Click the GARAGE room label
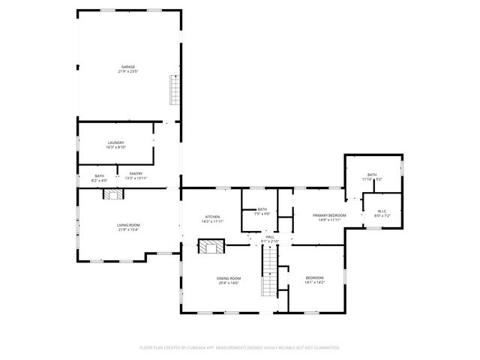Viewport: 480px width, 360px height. click(127, 67)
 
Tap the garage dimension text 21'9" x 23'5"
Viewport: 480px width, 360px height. click(127, 72)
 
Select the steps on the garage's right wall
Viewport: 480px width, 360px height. click(175, 89)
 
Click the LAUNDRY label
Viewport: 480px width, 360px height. click(115, 142)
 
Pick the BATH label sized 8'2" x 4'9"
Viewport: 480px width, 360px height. click(99, 175)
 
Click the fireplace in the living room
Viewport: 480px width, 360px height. click(112, 193)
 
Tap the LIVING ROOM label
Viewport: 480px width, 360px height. click(127, 224)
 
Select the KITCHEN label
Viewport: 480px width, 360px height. click(212, 217)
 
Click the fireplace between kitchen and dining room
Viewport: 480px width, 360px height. click(211, 247)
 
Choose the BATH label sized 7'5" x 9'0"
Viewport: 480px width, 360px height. click(262, 209)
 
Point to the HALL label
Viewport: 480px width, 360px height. click(270, 236)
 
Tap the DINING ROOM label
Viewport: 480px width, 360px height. click(229, 277)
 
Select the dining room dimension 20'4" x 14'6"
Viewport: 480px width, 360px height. click(229, 283)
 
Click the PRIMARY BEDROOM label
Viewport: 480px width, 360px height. click(329, 214)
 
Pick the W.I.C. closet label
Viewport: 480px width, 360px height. click(382, 211)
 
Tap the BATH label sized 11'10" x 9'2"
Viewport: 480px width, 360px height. click(372, 174)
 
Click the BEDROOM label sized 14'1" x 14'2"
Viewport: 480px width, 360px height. click(314, 277)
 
